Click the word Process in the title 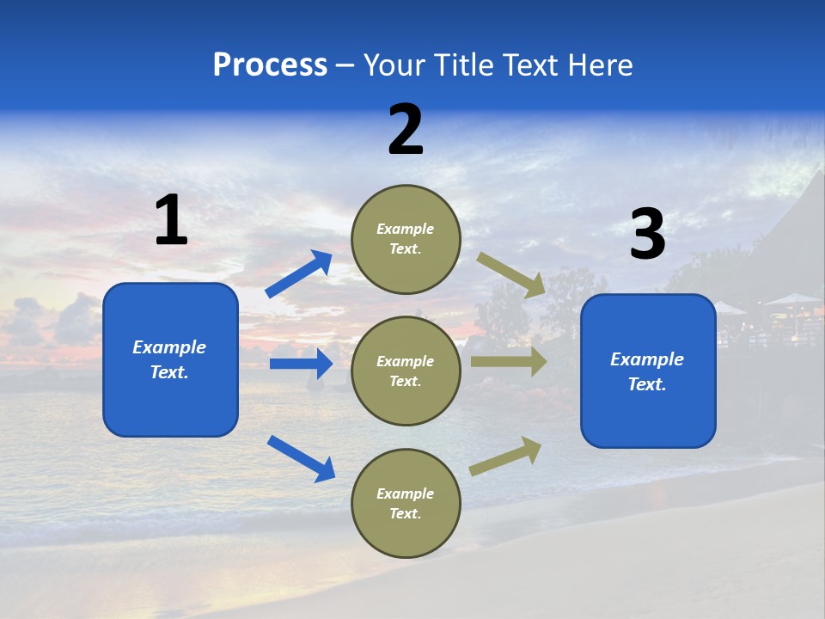click(x=270, y=65)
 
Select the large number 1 click(x=171, y=221)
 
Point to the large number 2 click(x=406, y=130)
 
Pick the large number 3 click(x=647, y=235)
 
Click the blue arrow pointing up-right click(x=298, y=274)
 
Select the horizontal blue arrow click(x=301, y=364)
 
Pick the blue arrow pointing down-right click(x=301, y=458)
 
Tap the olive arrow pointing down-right click(x=511, y=274)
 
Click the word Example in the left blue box click(x=169, y=347)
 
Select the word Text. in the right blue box click(x=647, y=384)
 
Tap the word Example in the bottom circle click(x=406, y=493)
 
